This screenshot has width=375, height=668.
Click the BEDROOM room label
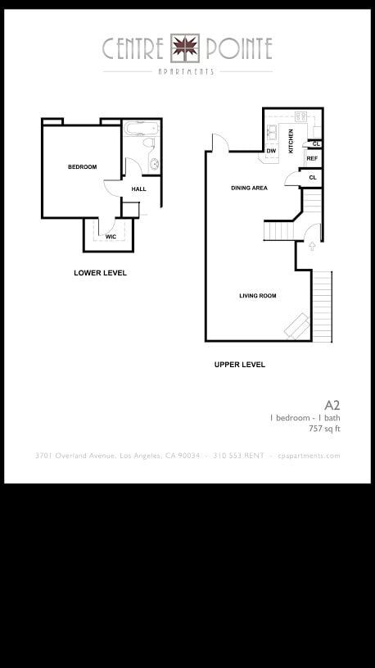(82, 167)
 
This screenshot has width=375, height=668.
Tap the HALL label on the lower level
(138, 189)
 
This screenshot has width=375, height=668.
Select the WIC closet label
(111, 236)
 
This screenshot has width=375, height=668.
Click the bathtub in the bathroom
(142, 128)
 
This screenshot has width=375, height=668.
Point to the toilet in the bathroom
(148, 143)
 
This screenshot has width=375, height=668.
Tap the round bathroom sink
(154, 164)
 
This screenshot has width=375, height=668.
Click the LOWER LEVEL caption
(100, 273)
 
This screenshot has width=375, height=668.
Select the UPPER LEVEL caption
(240, 365)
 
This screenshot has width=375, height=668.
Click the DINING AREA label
(250, 188)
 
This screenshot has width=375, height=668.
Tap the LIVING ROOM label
(258, 296)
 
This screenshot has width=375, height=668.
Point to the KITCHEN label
(291, 141)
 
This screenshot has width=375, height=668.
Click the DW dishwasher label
(271, 151)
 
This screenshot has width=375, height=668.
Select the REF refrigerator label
(312, 158)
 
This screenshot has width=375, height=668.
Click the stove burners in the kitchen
(301, 116)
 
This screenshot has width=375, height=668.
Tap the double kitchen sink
(272, 133)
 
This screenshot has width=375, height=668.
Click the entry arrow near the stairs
(312, 246)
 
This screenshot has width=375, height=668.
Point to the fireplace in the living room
(297, 326)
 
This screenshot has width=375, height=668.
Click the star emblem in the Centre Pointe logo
(185, 48)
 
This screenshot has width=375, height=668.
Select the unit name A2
(332, 405)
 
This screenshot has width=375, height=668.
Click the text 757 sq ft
(324, 429)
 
